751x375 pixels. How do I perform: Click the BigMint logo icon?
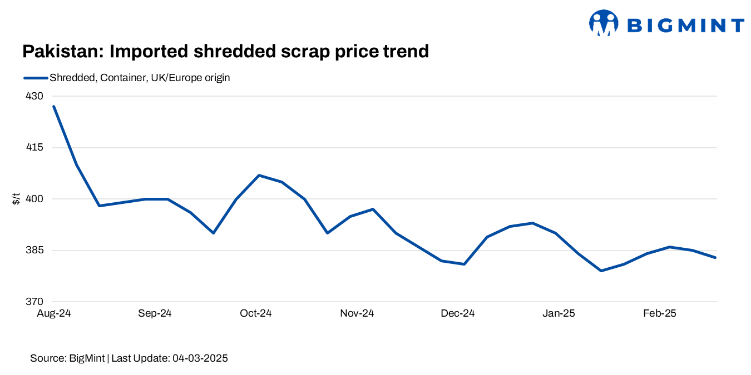pos(604,23)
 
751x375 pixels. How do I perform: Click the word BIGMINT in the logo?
pos(685,26)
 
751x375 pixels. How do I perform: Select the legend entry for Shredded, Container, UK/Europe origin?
pos(139,78)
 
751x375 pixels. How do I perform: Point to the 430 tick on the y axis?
pos(34,96)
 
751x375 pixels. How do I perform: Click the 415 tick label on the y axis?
pos(34,148)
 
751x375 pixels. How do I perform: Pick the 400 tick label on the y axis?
pos(34,199)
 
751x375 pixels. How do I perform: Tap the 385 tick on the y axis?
pos(34,251)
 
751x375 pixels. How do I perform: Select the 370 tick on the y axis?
pos(34,302)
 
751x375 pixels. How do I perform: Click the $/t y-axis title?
pos(16,198)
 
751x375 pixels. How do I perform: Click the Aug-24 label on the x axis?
pos(53,313)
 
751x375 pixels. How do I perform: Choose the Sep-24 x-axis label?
pos(155,313)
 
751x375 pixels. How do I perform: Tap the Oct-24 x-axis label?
pos(255,313)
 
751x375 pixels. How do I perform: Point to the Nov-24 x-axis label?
pos(357,313)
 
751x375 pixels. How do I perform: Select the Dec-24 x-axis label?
pos(457,313)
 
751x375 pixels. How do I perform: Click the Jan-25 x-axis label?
pos(559,313)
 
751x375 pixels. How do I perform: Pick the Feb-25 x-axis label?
pos(659,313)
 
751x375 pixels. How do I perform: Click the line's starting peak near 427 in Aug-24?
pos(53,106)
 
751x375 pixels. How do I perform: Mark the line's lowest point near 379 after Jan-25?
pos(601,271)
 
